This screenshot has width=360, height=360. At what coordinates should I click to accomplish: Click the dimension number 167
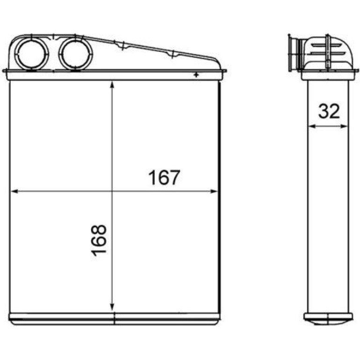point(164,177)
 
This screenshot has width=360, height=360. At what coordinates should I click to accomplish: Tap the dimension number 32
point(329,111)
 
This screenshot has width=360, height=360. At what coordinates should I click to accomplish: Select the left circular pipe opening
point(32,54)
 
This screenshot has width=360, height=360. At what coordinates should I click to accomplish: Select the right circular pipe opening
point(76,54)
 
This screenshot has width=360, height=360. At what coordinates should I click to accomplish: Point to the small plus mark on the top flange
point(196,75)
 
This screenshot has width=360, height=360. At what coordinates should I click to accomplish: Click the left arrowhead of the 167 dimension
point(14,191)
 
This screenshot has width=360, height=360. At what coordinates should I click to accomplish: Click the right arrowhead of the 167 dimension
point(214,191)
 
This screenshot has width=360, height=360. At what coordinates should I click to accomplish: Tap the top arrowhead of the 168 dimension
point(112,85)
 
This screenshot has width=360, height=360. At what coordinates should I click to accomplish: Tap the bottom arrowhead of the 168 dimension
point(112,307)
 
